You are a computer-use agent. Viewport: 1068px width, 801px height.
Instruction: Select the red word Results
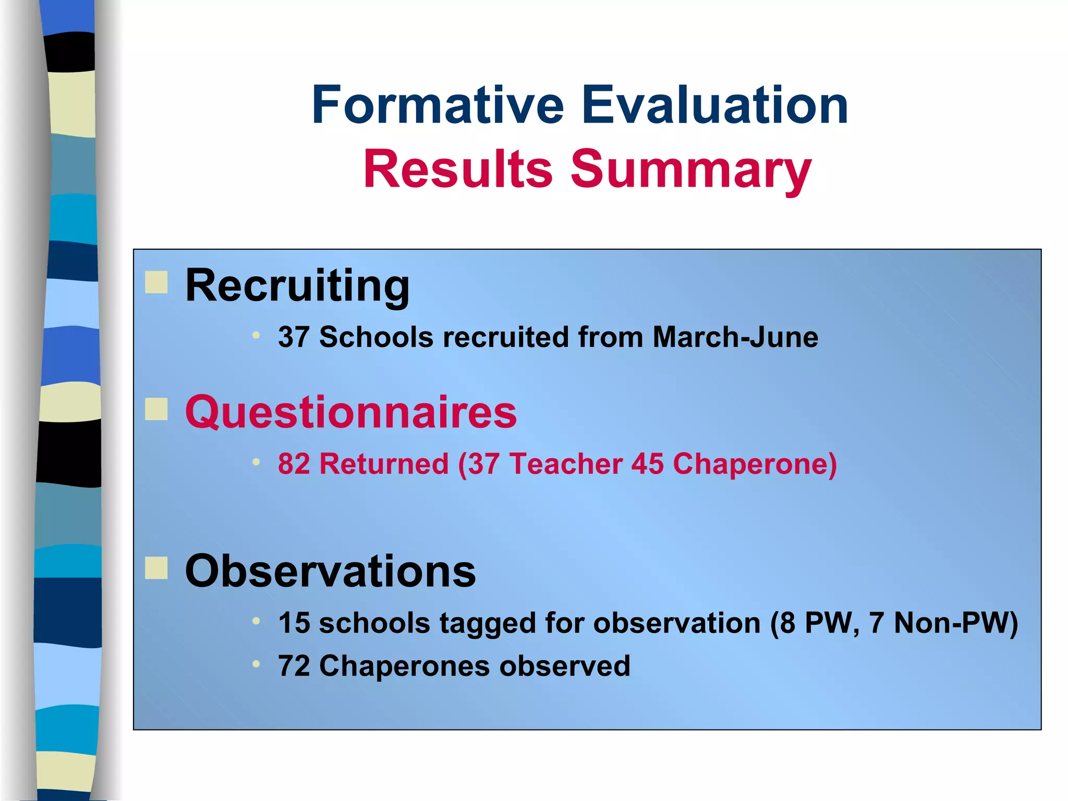[x=458, y=169]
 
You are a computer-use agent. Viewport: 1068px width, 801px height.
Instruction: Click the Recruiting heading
[x=297, y=286]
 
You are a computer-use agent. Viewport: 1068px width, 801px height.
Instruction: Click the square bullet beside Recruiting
[x=156, y=282]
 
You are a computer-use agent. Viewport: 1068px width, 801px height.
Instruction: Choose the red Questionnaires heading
[x=351, y=412]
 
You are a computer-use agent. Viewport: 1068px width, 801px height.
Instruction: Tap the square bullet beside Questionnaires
[x=156, y=409]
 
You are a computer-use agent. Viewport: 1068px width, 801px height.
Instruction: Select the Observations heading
[x=330, y=572]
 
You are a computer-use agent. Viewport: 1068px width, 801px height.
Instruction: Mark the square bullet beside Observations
[x=156, y=568]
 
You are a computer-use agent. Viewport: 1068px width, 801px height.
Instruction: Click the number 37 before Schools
[x=294, y=337]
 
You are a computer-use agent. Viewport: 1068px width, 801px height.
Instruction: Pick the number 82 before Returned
[x=294, y=464]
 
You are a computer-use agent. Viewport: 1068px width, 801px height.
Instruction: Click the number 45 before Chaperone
[x=647, y=464]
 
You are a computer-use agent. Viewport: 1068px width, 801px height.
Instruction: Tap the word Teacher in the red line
[x=565, y=464]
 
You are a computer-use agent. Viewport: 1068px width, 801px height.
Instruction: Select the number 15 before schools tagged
[x=294, y=623]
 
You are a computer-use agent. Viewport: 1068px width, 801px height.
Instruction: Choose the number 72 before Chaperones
[x=294, y=666]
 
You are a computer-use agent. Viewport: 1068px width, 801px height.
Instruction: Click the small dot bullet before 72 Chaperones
[x=256, y=664]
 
